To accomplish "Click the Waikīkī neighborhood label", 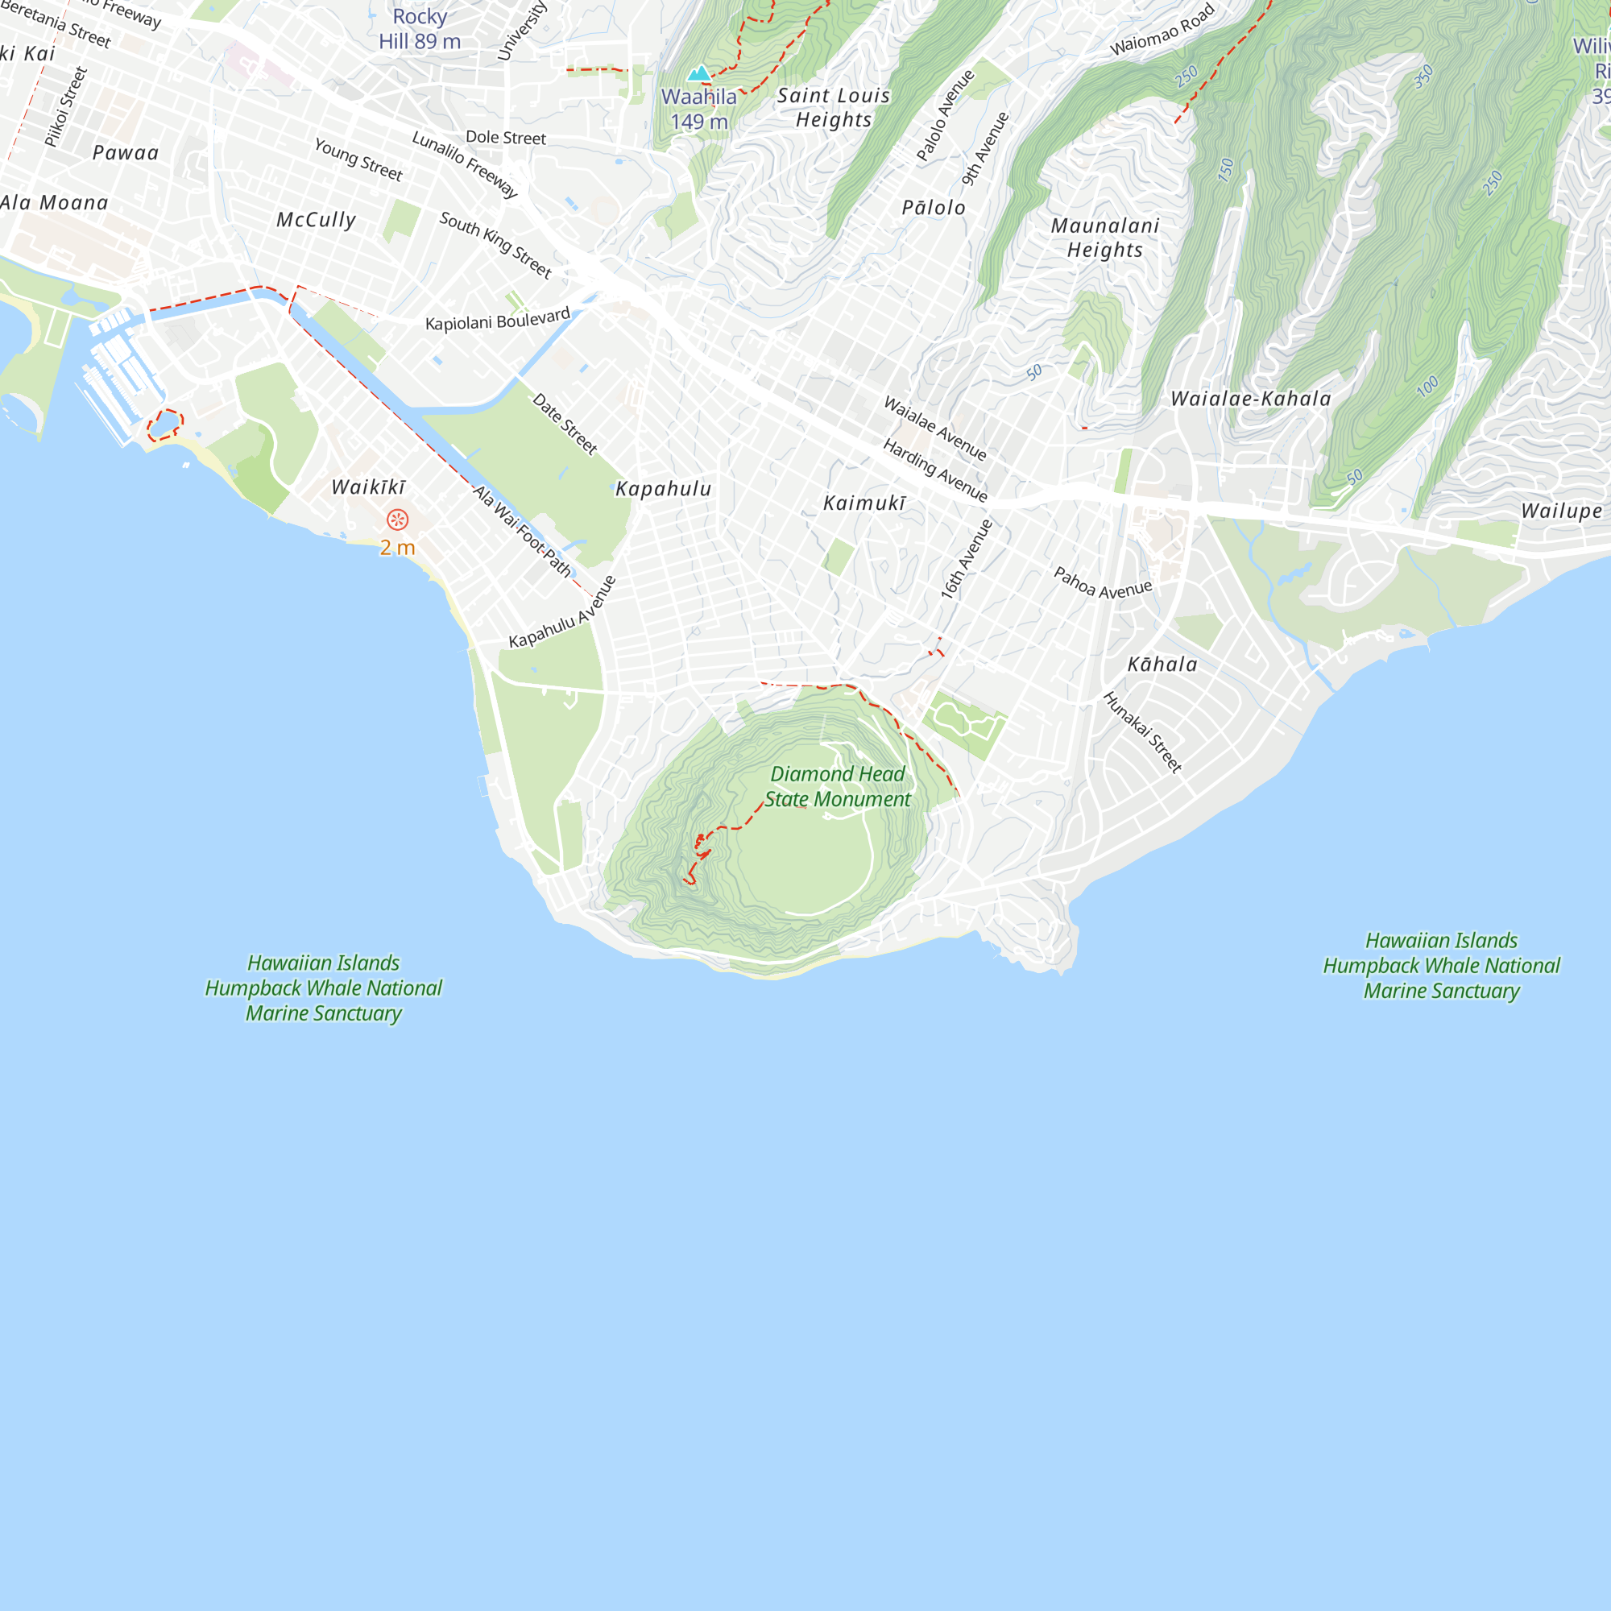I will click(x=369, y=487).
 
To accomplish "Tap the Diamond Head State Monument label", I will click(x=837, y=786).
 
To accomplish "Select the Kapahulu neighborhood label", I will click(x=664, y=489).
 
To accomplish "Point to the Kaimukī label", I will click(x=863, y=503).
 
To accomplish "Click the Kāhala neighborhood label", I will click(x=1162, y=665).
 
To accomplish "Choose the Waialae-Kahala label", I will click(x=1251, y=399).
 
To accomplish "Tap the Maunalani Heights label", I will click(x=1106, y=238).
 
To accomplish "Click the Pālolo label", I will click(x=934, y=208).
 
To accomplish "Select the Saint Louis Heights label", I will click(x=834, y=108).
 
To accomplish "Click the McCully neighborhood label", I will click(x=317, y=219).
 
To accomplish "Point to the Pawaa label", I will click(x=126, y=152).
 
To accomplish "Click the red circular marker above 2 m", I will click(x=398, y=520).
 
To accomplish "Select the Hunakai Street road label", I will click(x=1142, y=732).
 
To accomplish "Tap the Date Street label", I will click(x=565, y=424).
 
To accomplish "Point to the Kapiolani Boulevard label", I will click(x=498, y=319).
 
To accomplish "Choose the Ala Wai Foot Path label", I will click(x=523, y=531).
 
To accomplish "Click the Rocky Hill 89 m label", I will click(x=420, y=29).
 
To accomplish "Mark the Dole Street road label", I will click(x=505, y=138).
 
